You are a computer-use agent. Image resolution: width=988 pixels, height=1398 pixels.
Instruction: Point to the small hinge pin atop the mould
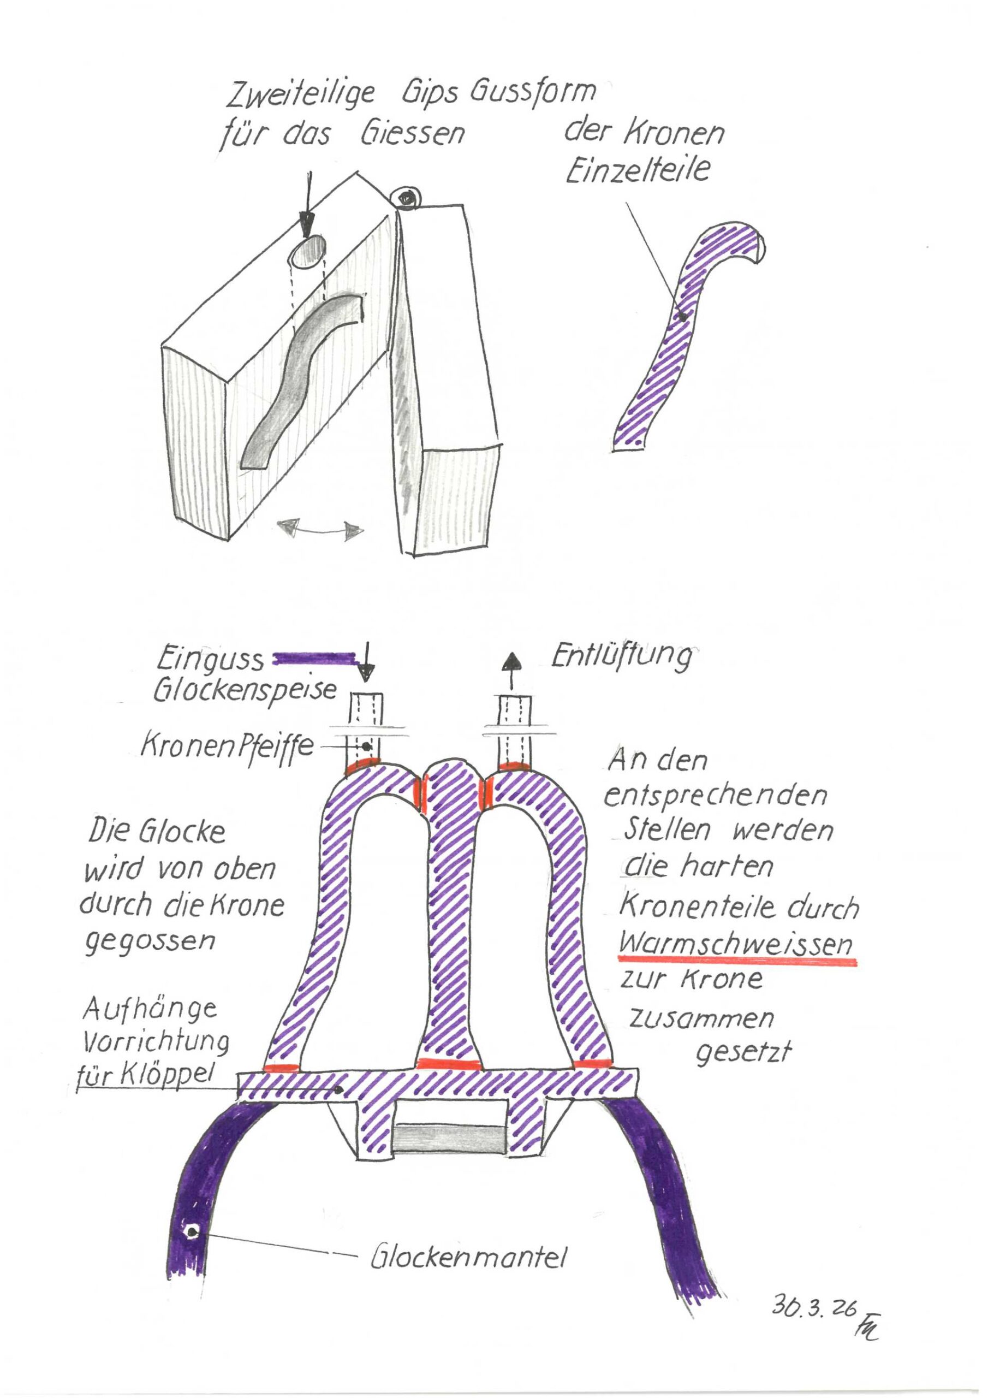pos(406,198)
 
